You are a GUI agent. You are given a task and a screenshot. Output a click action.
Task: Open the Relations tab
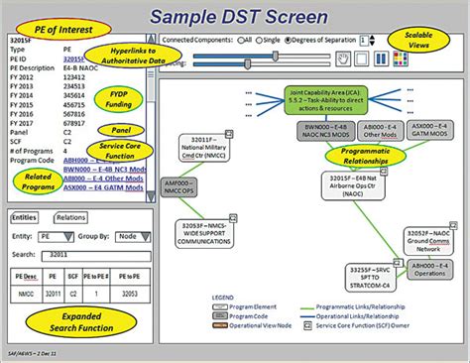point(70,215)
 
